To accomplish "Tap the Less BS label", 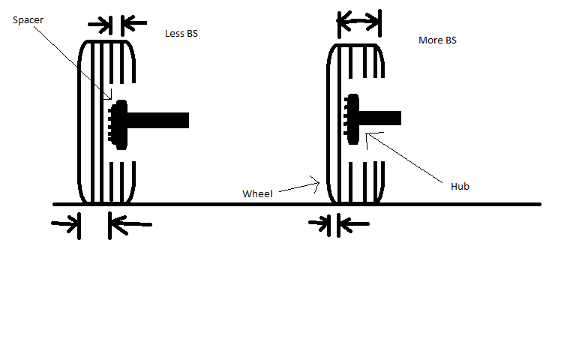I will tap(181, 34).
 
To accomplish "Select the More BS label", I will tap(437, 40).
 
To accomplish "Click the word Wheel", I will tap(256, 193).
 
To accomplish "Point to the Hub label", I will tap(460, 186).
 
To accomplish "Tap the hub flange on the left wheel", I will tap(120, 124).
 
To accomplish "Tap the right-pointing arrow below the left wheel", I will tap(67, 224).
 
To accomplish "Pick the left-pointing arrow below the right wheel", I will tap(352, 223).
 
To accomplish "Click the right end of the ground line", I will tap(538, 204).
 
